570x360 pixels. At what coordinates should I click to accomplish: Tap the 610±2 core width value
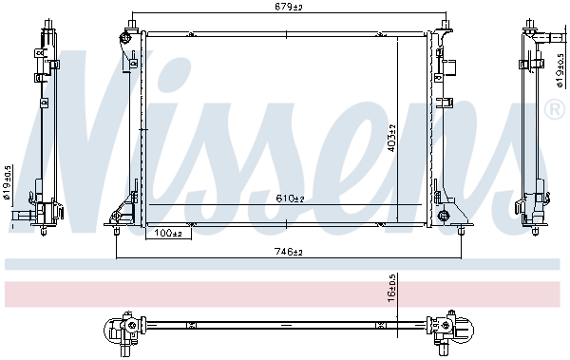point(289,198)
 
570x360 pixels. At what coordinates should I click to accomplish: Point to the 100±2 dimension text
point(170,232)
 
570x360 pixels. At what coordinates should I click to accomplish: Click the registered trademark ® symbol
point(554,111)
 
